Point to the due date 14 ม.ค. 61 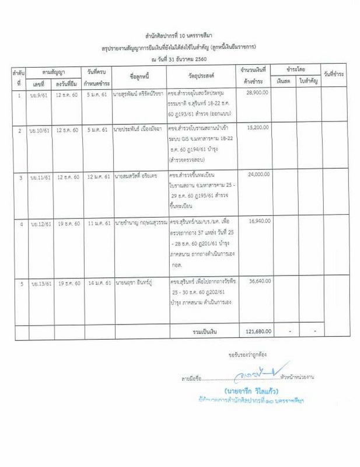tap(95, 281)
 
